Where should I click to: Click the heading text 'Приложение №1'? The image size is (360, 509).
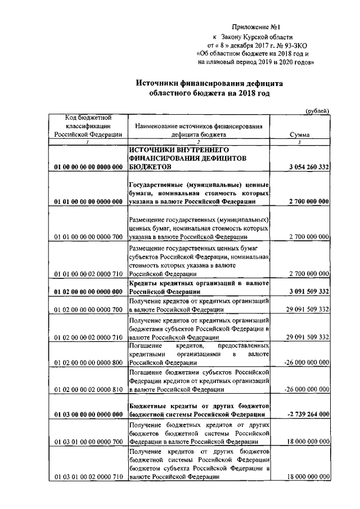(256, 26)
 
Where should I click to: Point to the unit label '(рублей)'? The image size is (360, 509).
(317, 111)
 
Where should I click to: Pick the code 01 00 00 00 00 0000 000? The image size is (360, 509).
(88, 168)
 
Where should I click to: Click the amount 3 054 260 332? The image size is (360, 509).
(304, 168)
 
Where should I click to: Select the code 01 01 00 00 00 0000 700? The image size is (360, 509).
(88, 238)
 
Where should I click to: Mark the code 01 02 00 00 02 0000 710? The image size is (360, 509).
(88, 337)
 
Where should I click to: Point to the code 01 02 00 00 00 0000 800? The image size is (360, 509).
(88, 363)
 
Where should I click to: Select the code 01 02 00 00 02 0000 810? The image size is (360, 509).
(88, 389)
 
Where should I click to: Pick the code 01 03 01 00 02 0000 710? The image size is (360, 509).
(88, 477)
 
